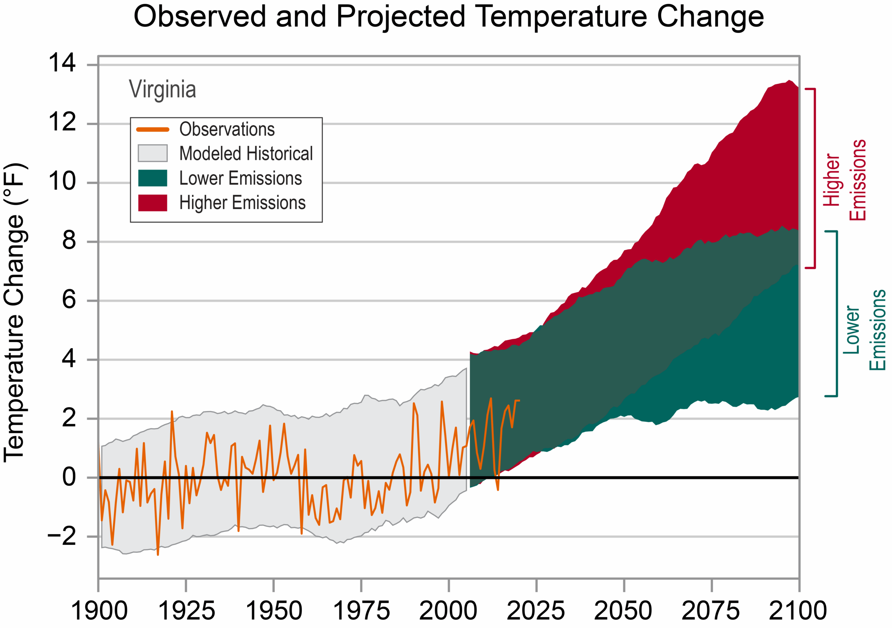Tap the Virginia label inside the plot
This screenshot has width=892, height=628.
pos(162,89)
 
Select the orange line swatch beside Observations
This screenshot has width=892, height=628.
pos(153,129)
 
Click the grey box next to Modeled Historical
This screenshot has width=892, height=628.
pos(153,153)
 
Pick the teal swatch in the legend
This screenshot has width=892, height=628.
pos(153,178)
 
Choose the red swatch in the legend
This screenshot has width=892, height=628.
pos(153,203)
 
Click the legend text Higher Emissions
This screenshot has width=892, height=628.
pos(242,203)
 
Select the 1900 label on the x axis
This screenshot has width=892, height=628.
pos(99,611)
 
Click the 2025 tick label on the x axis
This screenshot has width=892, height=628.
pos(536,611)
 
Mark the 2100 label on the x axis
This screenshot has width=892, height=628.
pos(798,611)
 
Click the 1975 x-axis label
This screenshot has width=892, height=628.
pos(361,611)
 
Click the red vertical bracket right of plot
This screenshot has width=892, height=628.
pos(814,178)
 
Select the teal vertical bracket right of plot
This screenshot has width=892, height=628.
pos(836,314)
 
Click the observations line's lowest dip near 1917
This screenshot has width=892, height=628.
pos(158,555)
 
